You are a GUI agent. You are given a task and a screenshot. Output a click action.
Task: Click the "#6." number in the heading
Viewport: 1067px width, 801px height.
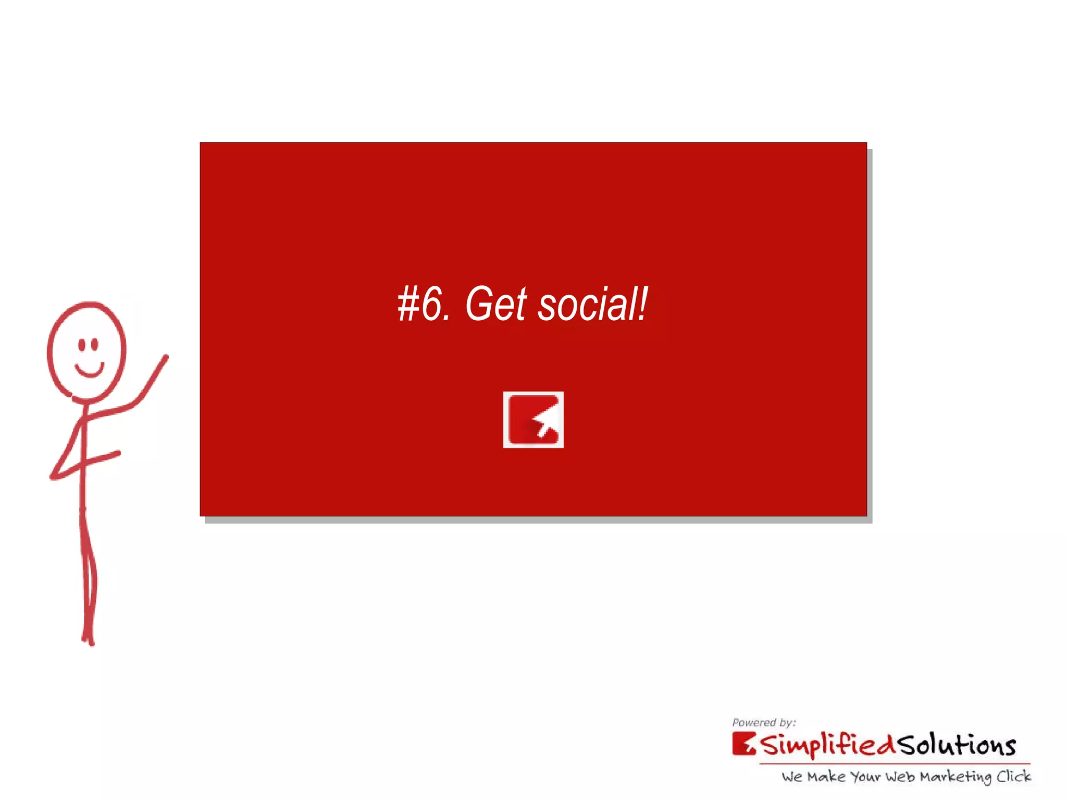pyautogui.click(x=423, y=305)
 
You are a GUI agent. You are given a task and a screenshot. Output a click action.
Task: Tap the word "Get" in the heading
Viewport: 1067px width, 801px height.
pyautogui.click(x=495, y=305)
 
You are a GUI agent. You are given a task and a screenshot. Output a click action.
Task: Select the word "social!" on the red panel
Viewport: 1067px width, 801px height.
pyautogui.click(x=593, y=305)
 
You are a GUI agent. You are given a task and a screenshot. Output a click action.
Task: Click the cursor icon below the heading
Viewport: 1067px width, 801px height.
pyautogui.click(x=533, y=420)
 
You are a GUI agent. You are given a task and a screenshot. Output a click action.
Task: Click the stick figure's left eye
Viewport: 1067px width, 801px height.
pyautogui.click(x=81, y=344)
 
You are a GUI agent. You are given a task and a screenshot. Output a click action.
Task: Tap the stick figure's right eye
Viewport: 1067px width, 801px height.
pyautogui.click(x=95, y=344)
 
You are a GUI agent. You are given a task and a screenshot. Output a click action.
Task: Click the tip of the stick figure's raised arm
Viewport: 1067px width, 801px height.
pyautogui.click(x=166, y=357)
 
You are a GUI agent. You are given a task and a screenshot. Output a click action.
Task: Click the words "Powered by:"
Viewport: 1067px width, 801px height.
pyautogui.click(x=764, y=723)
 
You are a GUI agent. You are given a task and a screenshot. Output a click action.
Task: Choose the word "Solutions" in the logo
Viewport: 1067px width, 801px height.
pyautogui.click(x=957, y=745)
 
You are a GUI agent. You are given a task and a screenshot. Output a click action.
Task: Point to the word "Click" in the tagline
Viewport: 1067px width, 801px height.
pyautogui.click(x=1013, y=776)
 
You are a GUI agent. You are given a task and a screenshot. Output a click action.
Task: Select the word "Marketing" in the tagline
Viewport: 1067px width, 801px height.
pyautogui.click(x=955, y=777)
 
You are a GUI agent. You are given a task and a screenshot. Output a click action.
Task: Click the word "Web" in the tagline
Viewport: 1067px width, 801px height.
pyautogui.click(x=900, y=777)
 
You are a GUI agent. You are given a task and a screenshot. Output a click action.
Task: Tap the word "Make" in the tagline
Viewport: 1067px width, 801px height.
pyautogui.click(x=826, y=777)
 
